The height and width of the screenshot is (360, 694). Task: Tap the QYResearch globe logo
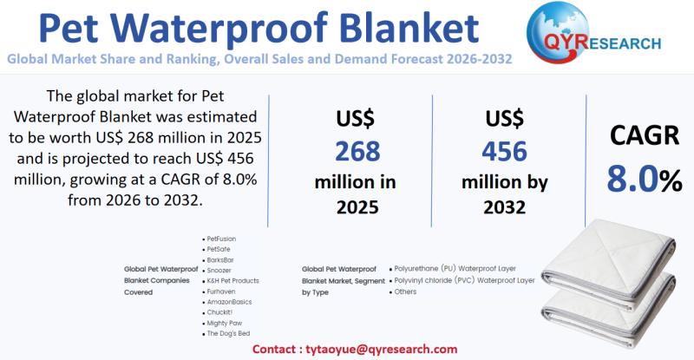pos(558,33)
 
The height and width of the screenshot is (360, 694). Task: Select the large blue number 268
pos(357,151)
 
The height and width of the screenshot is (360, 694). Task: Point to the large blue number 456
pos(504,151)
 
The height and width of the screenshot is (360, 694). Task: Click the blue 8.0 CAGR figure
pos(633,180)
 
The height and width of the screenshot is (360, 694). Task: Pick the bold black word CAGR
pos(644,135)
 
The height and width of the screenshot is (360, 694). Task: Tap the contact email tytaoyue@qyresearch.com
pos(381,349)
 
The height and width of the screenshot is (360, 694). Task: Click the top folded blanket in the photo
pos(609,262)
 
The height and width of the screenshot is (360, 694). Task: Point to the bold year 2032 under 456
pos(504,207)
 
